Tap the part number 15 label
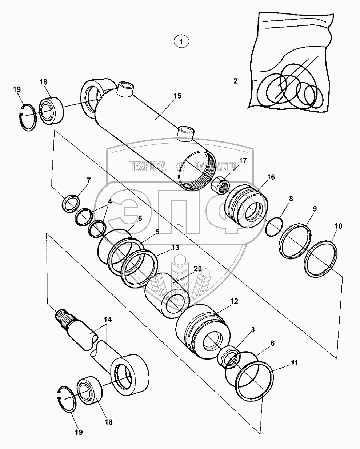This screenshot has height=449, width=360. (177, 96)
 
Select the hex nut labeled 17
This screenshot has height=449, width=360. (220, 181)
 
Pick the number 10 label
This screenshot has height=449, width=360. (338, 226)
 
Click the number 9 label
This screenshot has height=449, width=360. (315, 209)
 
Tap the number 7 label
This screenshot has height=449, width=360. (89, 180)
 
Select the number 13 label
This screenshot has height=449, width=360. (175, 248)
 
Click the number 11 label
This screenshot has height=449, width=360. (295, 363)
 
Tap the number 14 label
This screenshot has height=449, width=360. (108, 320)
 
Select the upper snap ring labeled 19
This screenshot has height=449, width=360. (28, 117)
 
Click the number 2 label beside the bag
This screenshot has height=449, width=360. (236, 81)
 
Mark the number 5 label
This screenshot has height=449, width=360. (158, 231)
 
